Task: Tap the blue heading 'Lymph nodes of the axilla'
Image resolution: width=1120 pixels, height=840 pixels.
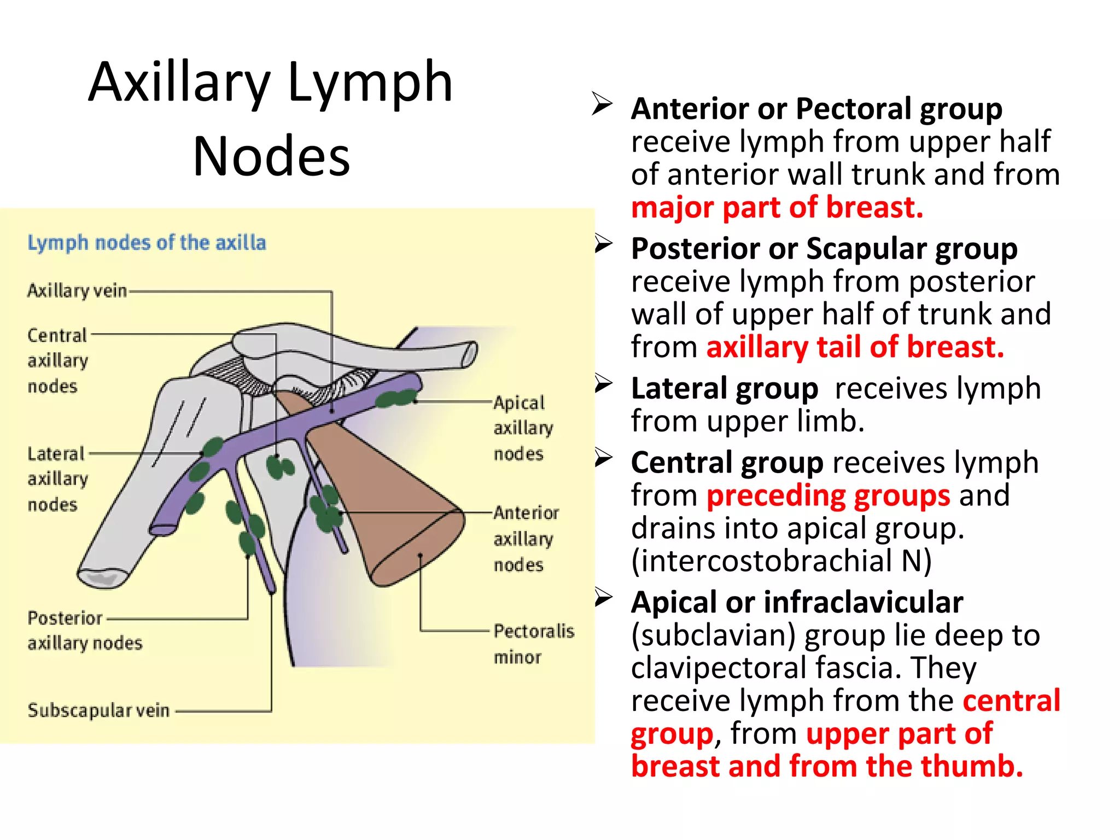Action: (147, 242)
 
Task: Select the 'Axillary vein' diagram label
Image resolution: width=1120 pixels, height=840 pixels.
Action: (77, 290)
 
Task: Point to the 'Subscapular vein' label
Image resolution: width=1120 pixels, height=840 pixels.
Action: (98, 710)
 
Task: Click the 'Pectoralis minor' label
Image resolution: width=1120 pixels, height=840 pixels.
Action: (533, 644)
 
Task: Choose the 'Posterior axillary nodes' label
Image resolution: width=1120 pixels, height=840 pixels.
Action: (85, 630)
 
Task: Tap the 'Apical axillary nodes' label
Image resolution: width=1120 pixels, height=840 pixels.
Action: (522, 428)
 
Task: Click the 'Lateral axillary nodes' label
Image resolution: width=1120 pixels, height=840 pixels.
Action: (57, 479)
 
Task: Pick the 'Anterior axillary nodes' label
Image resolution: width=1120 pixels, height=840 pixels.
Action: (525, 539)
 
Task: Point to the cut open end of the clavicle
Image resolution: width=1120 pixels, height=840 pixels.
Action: (469, 354)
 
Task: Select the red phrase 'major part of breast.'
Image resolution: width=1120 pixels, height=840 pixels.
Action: (777, 208)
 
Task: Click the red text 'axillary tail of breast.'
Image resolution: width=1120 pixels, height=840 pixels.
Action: (855, 347)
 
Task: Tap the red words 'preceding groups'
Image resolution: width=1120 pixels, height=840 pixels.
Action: (828, 496)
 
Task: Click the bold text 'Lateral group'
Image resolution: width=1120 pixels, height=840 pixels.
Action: (724, 389)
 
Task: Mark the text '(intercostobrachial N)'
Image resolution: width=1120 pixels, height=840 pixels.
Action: (781, 561)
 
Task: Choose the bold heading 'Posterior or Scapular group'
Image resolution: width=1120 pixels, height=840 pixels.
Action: (824, 249)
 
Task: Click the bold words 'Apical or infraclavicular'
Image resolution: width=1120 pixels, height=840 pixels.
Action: (797, 603)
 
